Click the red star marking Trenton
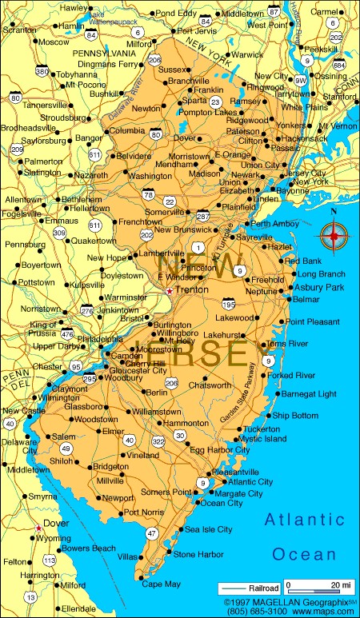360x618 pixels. point(169,292)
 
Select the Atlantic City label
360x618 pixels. point(250,482)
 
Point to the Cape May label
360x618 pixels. point(162,584)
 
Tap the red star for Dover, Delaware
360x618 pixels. point(38,527)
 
